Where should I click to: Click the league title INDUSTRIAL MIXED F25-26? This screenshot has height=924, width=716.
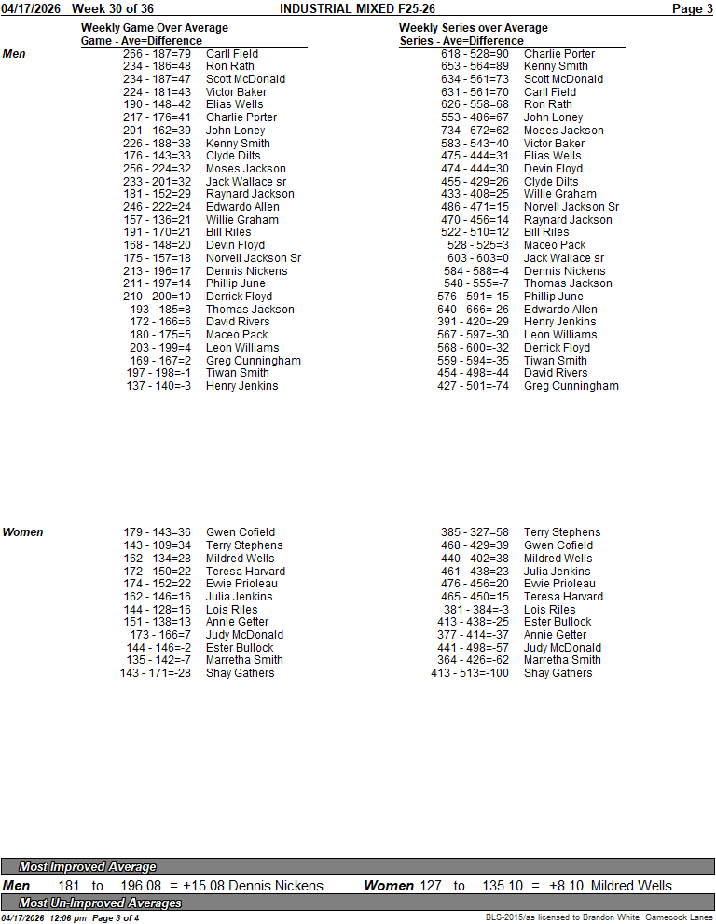coord(357,8)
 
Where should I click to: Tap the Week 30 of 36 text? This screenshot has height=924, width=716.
coord(112,8)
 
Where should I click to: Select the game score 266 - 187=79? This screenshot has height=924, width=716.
coord(157,54)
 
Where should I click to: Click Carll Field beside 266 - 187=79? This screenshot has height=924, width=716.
coord(232,54)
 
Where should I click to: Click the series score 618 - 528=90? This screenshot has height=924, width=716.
coord(475,54)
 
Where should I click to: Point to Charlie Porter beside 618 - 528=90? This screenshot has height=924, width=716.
coord(558,54)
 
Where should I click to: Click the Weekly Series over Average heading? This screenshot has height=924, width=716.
coord(474,28)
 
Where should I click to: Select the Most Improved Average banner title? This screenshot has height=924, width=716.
coord(88,866)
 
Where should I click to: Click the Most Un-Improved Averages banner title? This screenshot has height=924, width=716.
coord(100,903)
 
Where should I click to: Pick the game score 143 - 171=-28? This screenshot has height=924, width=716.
coord(155,673)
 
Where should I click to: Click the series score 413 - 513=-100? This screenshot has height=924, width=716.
coord(470,673)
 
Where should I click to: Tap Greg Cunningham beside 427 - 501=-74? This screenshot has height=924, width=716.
coord(571,386)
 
